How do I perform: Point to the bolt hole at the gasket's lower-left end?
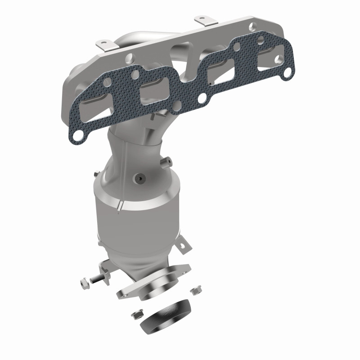point(77,133)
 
